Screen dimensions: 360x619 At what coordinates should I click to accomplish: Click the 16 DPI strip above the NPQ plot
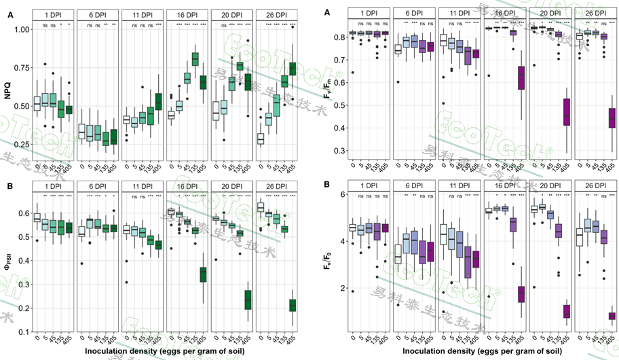pyautogui.click(x=187, y=14)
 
